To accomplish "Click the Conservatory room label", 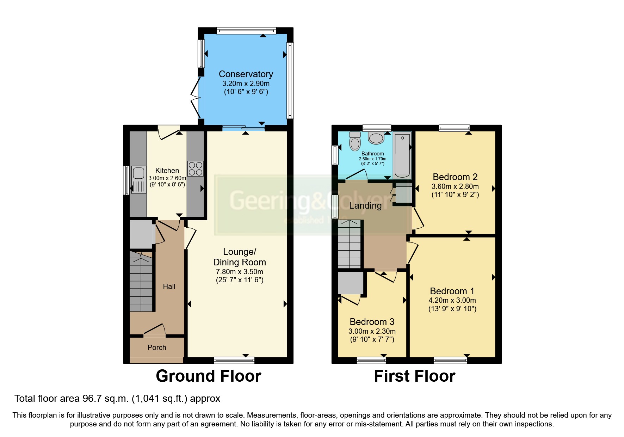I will coord(246,74).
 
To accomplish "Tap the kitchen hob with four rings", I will coord(195,168).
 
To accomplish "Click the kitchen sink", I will coord(138,180).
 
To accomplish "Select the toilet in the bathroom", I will coord(355,141).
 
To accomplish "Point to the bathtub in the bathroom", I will coord(402,155).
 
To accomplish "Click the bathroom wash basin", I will coord(376,138).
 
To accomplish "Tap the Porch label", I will coord(157,347).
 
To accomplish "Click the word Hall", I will coord(169,287).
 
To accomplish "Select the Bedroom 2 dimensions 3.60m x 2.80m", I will coord(455,186).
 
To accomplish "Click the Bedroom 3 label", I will coord(372,322).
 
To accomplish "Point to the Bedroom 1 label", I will coord(452,291).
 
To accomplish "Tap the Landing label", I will coord(365,205).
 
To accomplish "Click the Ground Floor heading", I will coord(208,376).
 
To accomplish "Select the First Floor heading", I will coord(414,376).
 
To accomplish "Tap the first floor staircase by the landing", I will coord(350,244).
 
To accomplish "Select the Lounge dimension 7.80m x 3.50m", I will coord(239,272).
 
